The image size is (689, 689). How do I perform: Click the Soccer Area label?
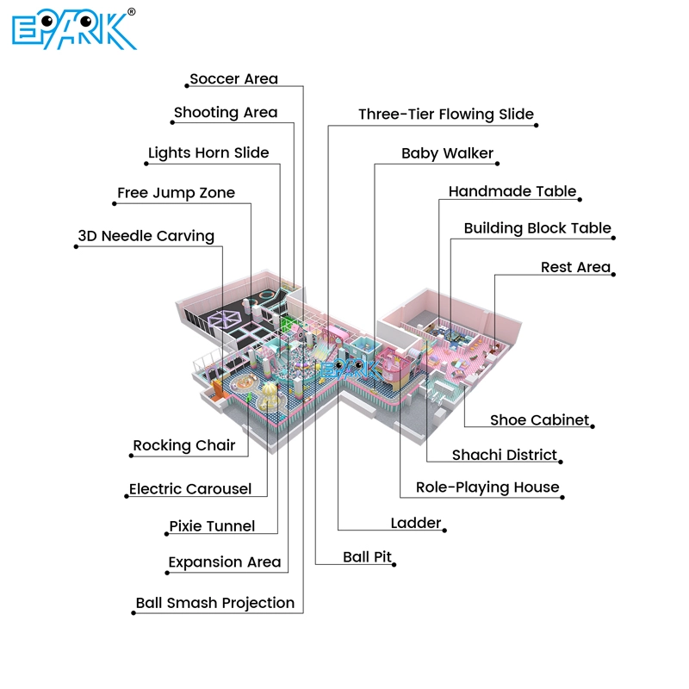pyautogui.click(x=233, y=79)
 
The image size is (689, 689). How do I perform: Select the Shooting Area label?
pyautogui.click(x=226, y=113)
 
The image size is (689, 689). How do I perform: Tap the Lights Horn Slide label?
pyautogui.click(x=208, y=153)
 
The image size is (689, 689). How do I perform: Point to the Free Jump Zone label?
pyautogui.click(x=176, y=193)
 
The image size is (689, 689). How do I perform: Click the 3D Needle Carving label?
pyautogui.click(x=146, y=236)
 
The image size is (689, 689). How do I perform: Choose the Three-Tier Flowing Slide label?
pyautogui.click(x=446, y=115)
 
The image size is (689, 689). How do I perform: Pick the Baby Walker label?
pyautogui.click(x=447, y=154)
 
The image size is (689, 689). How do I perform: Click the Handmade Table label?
pyautogui.click(x=512, y=192)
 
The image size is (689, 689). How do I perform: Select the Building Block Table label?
pyautogui.click(x=537, y=229)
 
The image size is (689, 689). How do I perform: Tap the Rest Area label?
pyautogui.click(x=575, y=268)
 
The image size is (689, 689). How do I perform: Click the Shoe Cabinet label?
pyautogui.click(x=540, y=420)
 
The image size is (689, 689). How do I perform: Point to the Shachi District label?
pyautogui.click(x=505, y=455)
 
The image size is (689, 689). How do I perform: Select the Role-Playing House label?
pyautogui.click(x=487, y=487)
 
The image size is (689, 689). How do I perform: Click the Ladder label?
pyautogui.click(x=416, y=523)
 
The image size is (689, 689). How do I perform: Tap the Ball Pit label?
pyautogui.click(x=368, y=557)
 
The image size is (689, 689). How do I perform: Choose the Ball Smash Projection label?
pyautogui.click(x=215, y=603)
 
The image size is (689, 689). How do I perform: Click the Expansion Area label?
pyautogui.click(x=225, y=562)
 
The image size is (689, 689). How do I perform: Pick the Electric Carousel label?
pyautogui.click(x=190, y=489)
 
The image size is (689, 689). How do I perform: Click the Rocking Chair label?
pyautogui.click(x=184, y=446)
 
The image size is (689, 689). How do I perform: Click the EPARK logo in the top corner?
pyautogui.click(x=74, y=29)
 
